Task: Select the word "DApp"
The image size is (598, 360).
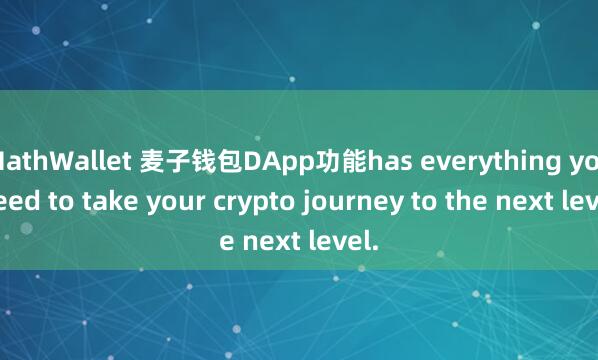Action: [x=284, y=161]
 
